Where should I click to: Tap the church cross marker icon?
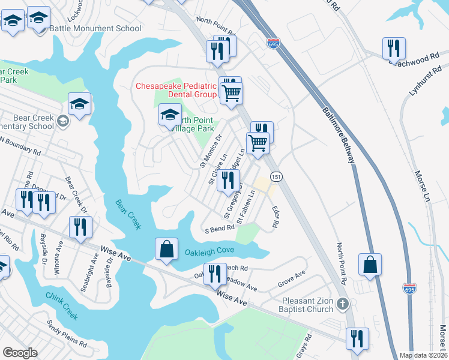coord(343,304)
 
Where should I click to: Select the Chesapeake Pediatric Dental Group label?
coord(176,90)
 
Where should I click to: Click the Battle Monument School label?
coord(95,28)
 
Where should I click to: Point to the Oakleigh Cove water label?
coord(208,252)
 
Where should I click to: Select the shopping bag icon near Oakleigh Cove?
coord(166,249)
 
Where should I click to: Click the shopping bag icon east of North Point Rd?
coord(370,264)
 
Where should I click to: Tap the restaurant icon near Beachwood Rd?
coord(394,48)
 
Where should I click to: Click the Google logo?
coord(20,353)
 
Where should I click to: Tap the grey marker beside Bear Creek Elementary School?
coord(62,122)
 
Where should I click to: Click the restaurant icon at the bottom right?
coord(357,338)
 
